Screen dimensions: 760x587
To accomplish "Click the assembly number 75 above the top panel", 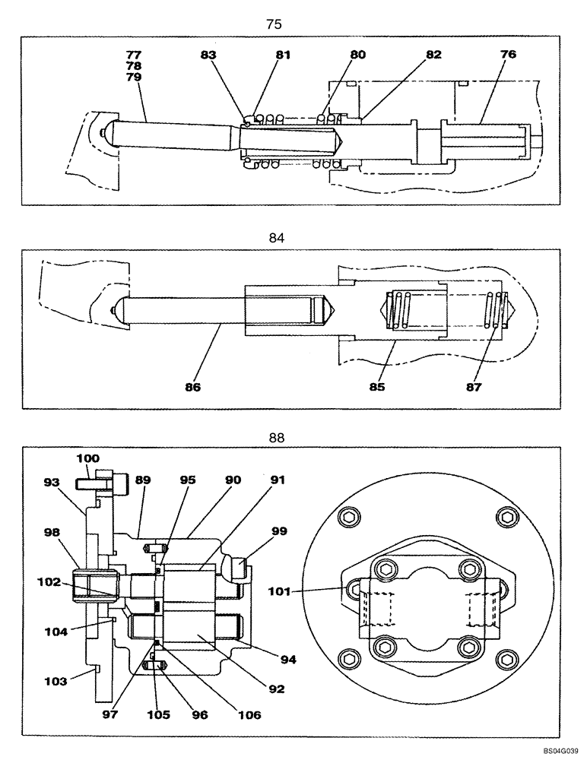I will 274,24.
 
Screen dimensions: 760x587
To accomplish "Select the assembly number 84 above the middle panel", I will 276,238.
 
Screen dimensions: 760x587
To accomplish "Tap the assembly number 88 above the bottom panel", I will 276,438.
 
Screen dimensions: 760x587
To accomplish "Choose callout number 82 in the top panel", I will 433,55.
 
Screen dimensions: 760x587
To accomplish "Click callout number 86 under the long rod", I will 192,386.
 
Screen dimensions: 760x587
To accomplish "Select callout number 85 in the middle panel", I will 377,386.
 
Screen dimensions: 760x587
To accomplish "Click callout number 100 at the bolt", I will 88,459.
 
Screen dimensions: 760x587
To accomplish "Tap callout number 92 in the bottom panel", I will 275,690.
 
